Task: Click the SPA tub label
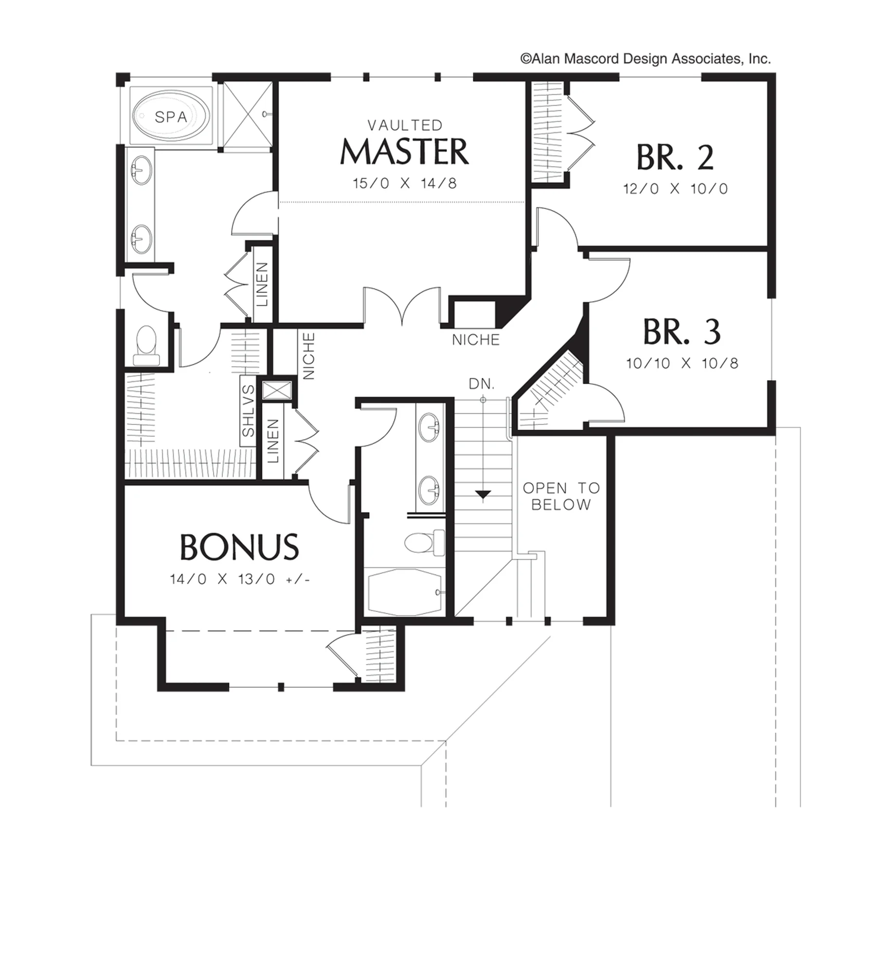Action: [171, 117]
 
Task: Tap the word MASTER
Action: [404, 152]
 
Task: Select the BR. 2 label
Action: [675, 157]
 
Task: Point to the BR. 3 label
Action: [681, 332]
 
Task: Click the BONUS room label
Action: [239, 547]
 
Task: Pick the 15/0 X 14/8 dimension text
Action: [405, 183]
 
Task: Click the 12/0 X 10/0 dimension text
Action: [676, 189]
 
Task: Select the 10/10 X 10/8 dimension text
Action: [682, 363]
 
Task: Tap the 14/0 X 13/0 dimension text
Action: [240, 579]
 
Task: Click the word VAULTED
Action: [405, 125]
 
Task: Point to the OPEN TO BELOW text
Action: [561, 496]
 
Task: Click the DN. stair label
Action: [482, 384]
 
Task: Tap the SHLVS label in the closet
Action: [248, 410]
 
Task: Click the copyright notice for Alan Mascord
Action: [645, 59]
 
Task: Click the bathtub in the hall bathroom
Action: [405, 592]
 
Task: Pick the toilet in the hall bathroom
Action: [425, 543]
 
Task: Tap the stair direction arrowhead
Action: [483, 495]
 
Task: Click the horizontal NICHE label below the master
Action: [476, 340]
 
